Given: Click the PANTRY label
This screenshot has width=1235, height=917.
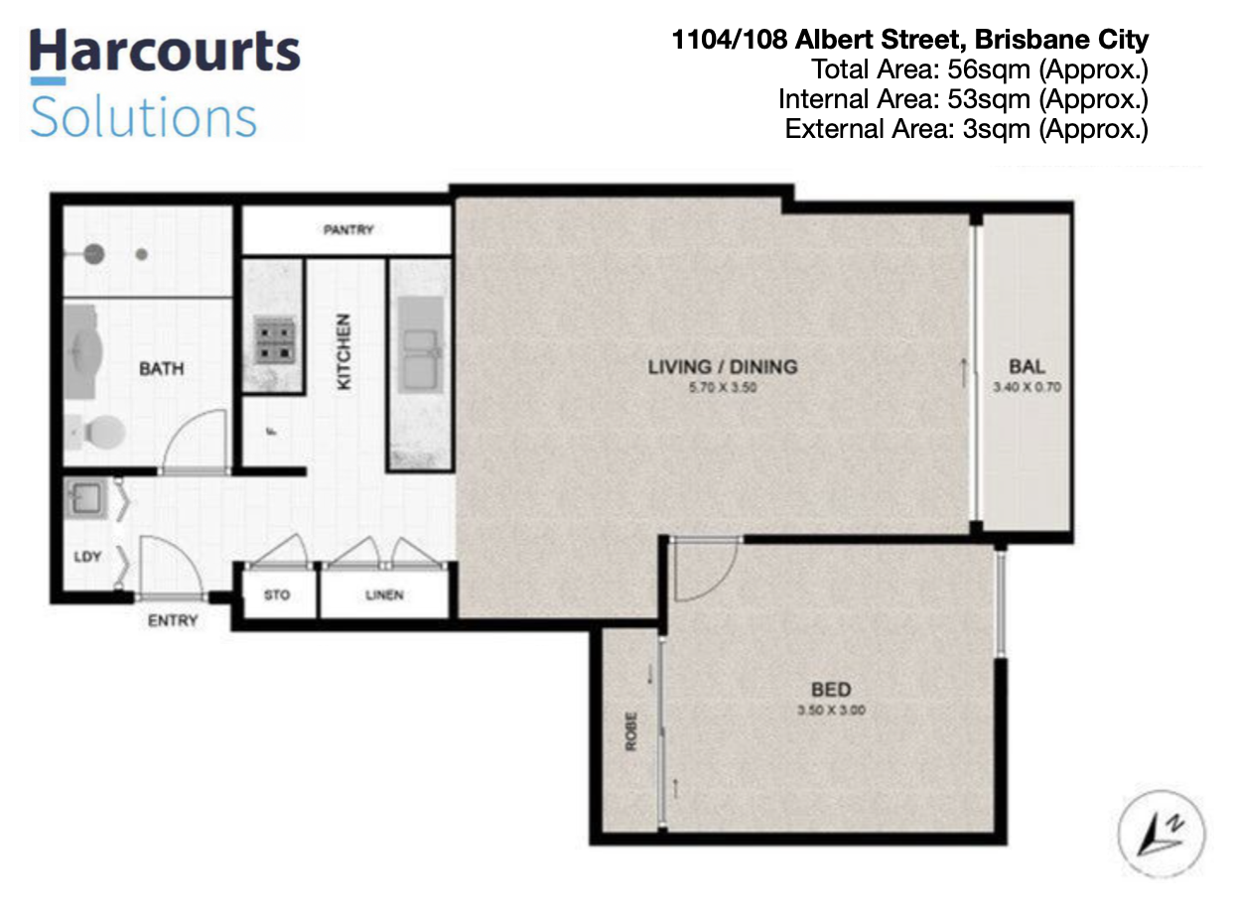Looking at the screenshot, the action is coord(348,229).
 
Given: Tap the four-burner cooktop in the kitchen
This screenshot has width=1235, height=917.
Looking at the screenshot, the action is coord(275,339).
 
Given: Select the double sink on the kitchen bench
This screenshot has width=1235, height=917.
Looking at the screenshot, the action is coord(421,359).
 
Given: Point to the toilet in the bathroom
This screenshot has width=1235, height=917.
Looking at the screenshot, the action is coord(98,432).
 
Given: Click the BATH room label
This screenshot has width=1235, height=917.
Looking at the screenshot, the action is coord(162,368).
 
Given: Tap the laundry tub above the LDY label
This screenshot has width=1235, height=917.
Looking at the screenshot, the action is coord(85,496).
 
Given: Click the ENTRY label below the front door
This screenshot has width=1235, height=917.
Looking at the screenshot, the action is coord(173,620).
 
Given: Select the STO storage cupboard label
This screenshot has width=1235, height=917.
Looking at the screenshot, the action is coord(277,594).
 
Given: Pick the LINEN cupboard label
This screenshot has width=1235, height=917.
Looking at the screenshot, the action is coord(384,594).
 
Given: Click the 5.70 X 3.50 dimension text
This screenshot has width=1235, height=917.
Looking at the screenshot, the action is coord(723,387).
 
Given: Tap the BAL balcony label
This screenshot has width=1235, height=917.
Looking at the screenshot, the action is coord(1028,366).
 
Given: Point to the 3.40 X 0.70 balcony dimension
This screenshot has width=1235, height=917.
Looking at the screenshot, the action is coord(1028,386).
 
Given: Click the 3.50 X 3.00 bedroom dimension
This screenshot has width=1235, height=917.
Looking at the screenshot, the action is coord(831,710).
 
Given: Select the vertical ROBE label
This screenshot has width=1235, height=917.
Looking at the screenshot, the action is coord(630,731).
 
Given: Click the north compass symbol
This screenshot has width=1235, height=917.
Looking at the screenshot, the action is coord(1161,834).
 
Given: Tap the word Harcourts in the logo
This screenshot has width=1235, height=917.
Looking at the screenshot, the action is coord(165,52).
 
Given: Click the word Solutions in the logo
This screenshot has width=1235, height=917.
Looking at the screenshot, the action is coord(144,116).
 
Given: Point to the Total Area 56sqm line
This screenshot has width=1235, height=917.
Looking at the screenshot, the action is coord(980,69).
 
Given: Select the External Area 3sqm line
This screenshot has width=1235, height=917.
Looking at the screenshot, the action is coord(967,129).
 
